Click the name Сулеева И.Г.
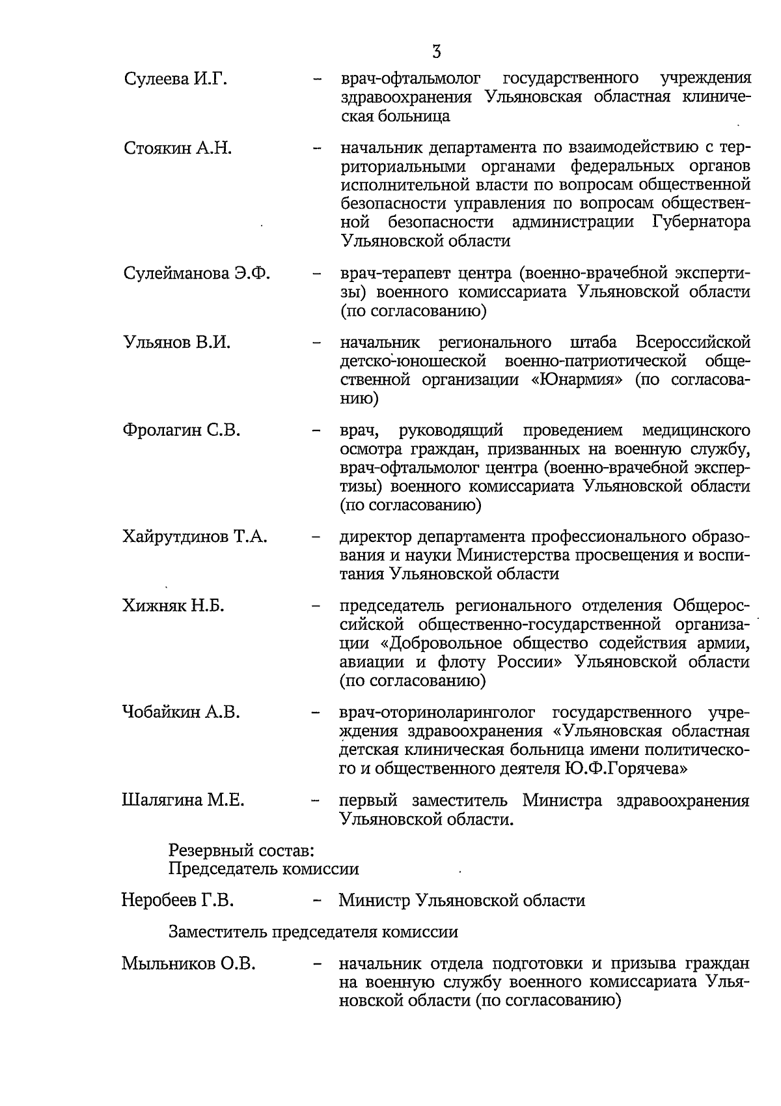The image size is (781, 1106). coord(175,79)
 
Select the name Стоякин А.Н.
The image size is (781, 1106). coord(178,148)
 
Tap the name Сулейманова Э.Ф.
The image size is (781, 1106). coord(197,273)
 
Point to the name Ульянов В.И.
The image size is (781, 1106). coord(176,343)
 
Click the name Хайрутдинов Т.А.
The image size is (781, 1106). coord(195,537)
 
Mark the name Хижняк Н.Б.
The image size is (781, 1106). coord(173,606)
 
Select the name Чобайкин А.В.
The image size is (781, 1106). coord(181,713)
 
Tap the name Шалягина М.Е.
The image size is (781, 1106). coord(183,801)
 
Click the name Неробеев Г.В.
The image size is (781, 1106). coord(178,901)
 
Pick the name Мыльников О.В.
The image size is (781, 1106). coord(188,963)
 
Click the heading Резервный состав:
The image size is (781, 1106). coord(242,851)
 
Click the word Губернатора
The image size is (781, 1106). coord(700,222)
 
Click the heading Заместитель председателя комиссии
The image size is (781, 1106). coord(313,932)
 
